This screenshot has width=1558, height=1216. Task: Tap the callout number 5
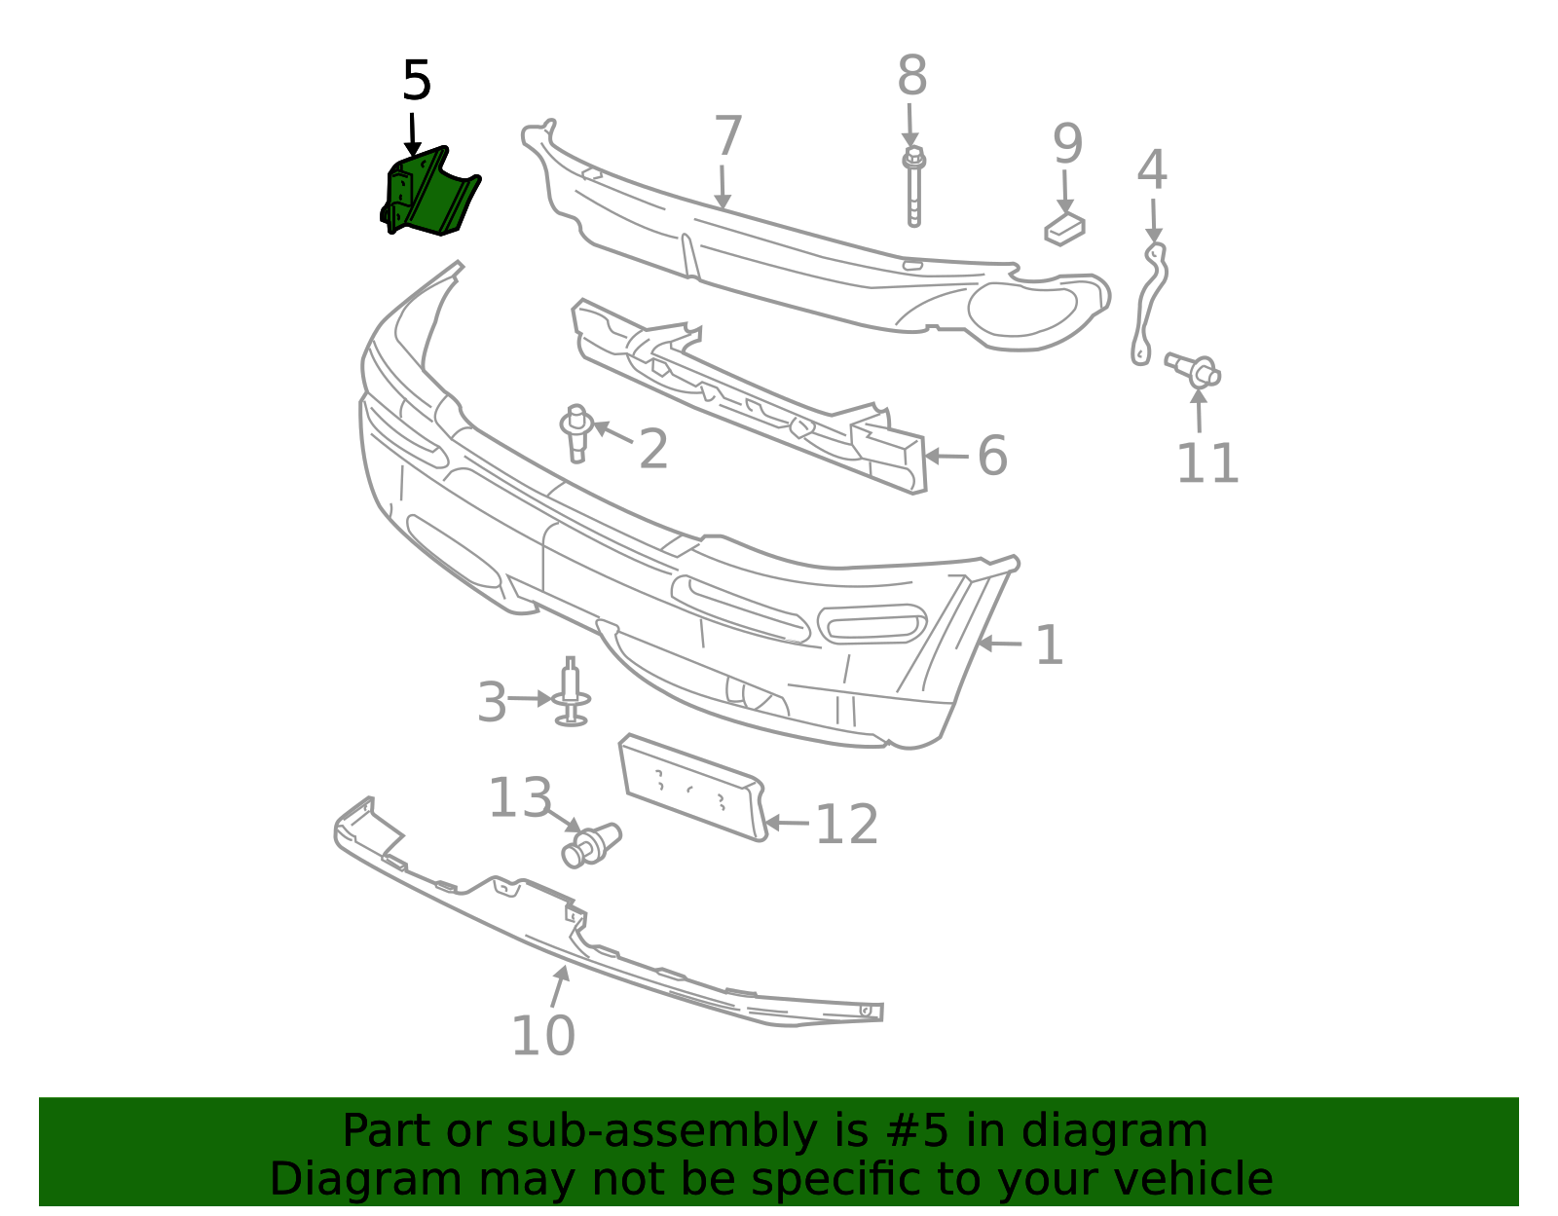[417, 80]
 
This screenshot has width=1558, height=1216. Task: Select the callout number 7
[727, 135]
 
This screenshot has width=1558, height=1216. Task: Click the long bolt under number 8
[913, 187]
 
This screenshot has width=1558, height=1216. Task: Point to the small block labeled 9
[1064, 229]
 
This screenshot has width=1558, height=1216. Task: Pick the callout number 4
[1152, 169]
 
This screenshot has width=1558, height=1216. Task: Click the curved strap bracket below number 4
[1149, 304]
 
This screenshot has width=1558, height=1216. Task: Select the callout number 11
[1207, 463]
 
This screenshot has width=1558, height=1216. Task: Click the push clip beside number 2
[575, 433]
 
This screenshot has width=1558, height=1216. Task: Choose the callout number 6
[992, 456]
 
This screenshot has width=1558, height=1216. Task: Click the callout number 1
[1049, 645]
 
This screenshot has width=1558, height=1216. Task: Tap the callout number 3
[492, 702]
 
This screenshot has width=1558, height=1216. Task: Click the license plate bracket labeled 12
[692, 787]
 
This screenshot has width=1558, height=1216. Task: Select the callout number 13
[520, 797]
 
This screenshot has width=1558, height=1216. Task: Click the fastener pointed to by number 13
[591, 845]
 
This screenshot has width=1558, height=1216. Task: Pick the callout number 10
[542, 1036]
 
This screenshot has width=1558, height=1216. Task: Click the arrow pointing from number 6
[946, 456]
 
